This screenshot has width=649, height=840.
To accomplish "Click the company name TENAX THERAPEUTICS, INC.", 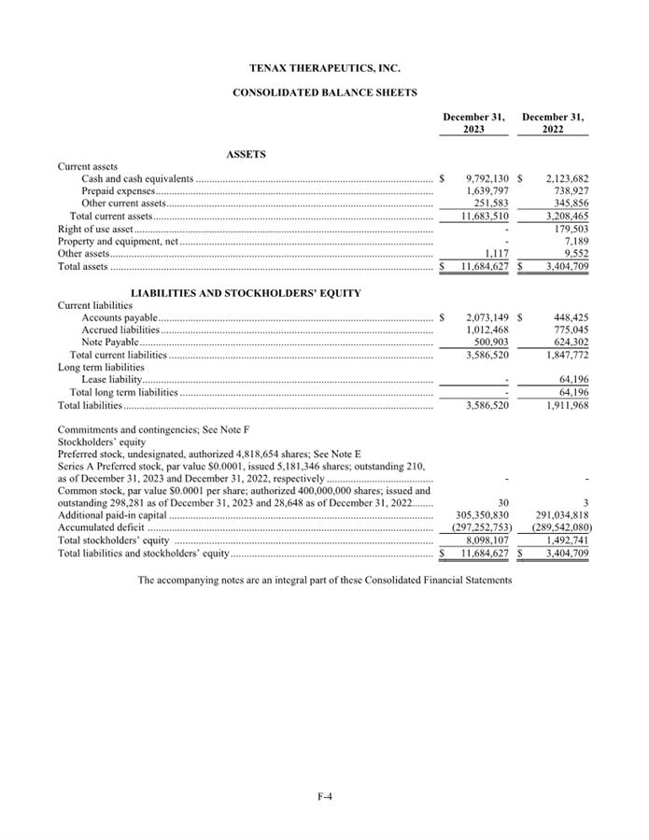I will (324, 68).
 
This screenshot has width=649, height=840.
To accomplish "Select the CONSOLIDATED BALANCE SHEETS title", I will (324, 92).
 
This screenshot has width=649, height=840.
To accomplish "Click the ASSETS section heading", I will (246, 155).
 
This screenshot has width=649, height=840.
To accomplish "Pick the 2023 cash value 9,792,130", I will (486, 178).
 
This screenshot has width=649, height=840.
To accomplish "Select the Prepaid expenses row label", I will (118, 190).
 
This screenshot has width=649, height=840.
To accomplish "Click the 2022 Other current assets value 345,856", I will (567, 203).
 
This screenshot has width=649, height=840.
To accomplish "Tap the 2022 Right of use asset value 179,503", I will (567, 228).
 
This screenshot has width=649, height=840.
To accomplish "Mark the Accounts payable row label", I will (120, 317).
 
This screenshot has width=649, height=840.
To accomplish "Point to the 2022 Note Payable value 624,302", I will (567, 343).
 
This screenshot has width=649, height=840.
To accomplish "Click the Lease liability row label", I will (111, 380).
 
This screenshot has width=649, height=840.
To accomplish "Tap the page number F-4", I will (324, 796).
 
